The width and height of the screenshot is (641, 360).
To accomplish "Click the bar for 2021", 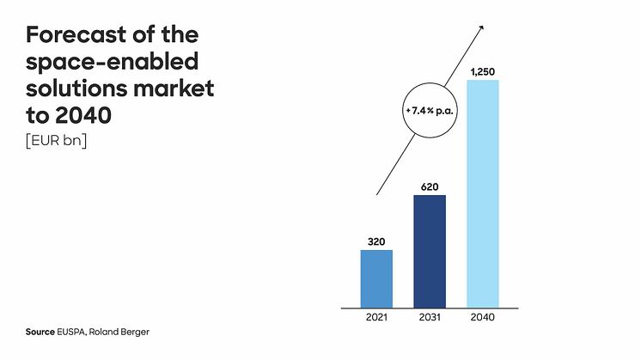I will pyautogui.click(x=376, y=278).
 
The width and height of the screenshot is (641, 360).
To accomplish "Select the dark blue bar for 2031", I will pyautogui.click(x=430, y=250).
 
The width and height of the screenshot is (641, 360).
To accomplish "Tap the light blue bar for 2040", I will pyautogui.click(x=482, y=192).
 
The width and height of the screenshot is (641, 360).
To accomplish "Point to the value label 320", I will pyautogui.click(x=376, y=241).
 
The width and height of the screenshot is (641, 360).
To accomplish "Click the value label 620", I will pyautogui.click(x=430, y=186).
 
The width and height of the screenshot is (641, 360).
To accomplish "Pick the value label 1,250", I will pyautogui.click(x=482, y=70).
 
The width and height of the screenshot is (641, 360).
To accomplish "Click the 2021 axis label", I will pyautogui.click(x=376, y=317).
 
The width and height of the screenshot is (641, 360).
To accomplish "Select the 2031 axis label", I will pyautogui.click(x=430, y=317).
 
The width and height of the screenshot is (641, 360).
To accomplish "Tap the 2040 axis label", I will pyautogui.click(x=482, y=317).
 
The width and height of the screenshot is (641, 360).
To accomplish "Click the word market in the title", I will pyautogui.click(x=177, y=88).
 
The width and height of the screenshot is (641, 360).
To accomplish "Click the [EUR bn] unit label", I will pyautogui.click(x=57, y=140).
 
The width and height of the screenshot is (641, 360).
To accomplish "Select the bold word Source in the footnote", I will pyautogui.click(x=40, y=331).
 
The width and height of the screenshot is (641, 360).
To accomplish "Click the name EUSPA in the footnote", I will pyautogui.click(x=75, y=331).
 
